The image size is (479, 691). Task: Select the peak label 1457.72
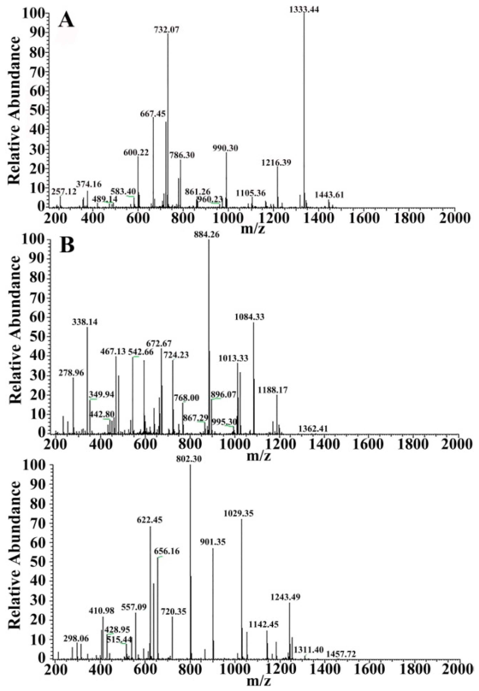point(341,654)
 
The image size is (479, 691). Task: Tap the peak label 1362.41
point(313,429)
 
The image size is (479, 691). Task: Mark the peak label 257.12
point(64,191)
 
